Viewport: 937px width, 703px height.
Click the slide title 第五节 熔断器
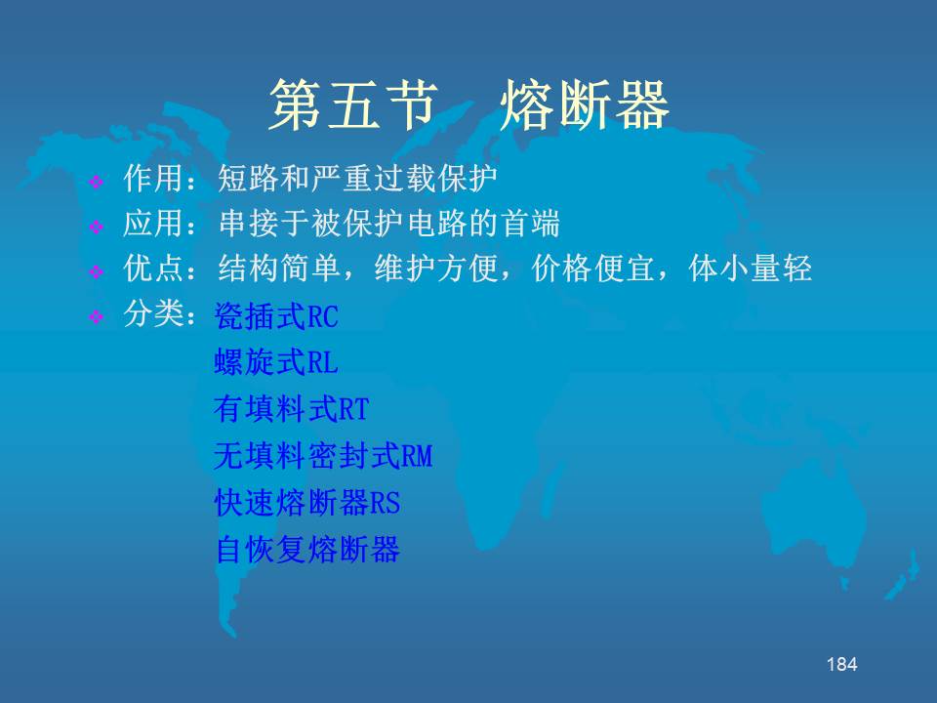(x=469, y=105)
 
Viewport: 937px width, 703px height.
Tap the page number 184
(x=842, y=664)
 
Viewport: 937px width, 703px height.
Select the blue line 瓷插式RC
(x=276, y=316)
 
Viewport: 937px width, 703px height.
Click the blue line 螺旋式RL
(x=276, y=362)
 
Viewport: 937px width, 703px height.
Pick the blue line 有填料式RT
(x=292, y=409)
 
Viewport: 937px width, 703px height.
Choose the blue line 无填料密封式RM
(x=323, y=456)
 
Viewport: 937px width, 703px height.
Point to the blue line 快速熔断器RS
(x=307, y=502)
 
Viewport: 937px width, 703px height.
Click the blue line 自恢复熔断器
(x=307, y=549)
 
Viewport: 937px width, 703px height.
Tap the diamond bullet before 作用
(x=96, y=182)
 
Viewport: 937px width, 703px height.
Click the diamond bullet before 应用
(x=96, y=227)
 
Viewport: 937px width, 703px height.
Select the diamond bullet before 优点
(x=96, y=272)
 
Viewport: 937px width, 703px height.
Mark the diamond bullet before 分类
(x=96, y=316)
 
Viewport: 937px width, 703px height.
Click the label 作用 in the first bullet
(x=153, y=178)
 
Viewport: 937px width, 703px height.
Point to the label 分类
(x=153, y=313)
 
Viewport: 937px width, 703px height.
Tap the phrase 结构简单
(x=278, y=268)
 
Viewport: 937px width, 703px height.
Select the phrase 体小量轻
(x=750, y=268)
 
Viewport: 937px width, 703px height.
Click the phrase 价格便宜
(x=592, y=268)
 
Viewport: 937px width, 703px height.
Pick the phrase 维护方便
(x=435, y=268)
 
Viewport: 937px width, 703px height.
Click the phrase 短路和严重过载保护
(x=357, y=178)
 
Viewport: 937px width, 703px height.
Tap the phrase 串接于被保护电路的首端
(x=389, y=223)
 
